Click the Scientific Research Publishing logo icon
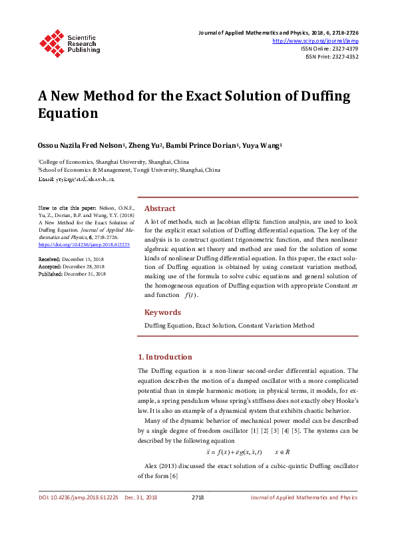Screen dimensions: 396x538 pyautogui.click(x=51, y=42)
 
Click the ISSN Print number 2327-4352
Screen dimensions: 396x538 pyautogui.click(x=342, y=57)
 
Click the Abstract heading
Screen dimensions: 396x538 pyautogui.click(x=160, y=208)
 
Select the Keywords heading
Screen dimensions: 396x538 pyautogui.click(x=163, y=312)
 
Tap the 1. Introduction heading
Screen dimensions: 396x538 pyautogui.click(x=164, y=357)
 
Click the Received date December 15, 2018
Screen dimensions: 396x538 pyautogui.click(x=85, y=258)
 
